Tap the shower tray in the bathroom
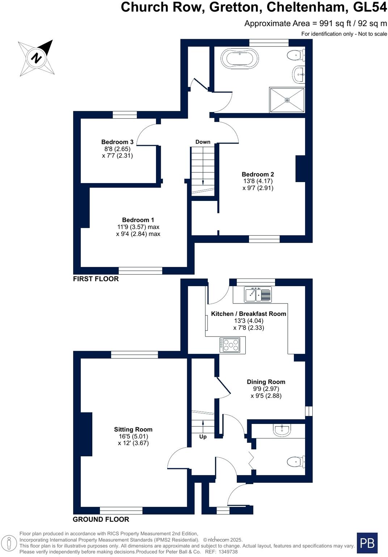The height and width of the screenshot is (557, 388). [x=287, y=100]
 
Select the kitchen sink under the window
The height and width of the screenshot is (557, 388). [x=257, y=294]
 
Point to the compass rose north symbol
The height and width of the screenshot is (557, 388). [x=37, y=58]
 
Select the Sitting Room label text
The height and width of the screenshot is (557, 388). [x=133, y=429]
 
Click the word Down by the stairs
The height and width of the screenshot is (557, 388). [x=203, y=142]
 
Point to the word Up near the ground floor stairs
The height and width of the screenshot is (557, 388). [x=203, y=437]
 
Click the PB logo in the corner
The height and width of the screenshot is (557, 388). [x=367, y=543]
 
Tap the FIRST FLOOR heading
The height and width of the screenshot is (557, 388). [x=96, y=279]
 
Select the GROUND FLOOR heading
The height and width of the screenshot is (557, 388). [x=101, y=519]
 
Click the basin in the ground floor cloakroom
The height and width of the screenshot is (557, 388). [x=282, y=430]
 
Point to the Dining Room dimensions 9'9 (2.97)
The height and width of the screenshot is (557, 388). [x=266, y=389]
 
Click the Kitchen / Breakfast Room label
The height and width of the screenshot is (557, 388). [x=249, y=314]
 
